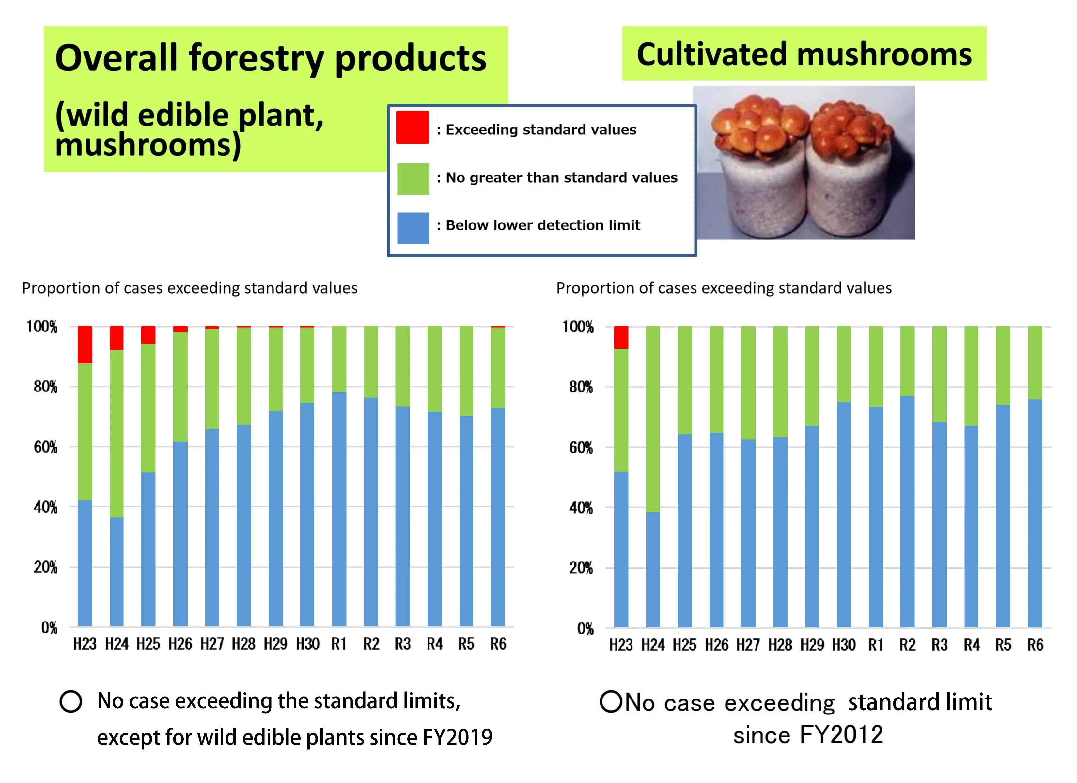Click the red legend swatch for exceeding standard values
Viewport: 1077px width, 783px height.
[412, 127]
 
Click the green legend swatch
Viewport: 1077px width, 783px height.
[413, 179]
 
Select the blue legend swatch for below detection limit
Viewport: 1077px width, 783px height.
[413, 228]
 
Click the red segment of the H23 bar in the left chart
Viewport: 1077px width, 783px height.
[85, 344]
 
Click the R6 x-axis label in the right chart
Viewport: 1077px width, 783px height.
[1035, 645]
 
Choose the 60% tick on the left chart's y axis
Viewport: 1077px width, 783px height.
[46, 447]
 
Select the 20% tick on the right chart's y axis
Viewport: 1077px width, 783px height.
[581, 568]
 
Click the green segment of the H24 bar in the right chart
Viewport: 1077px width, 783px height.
[652, 418]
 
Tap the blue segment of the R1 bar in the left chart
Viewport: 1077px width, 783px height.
[339, 508]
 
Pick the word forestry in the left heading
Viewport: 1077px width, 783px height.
[257, 58]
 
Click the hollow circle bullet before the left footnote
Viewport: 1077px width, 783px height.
[71, 701]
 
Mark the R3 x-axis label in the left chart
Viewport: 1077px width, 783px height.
[403, 644]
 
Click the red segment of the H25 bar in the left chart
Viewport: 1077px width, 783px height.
[148, 335]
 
